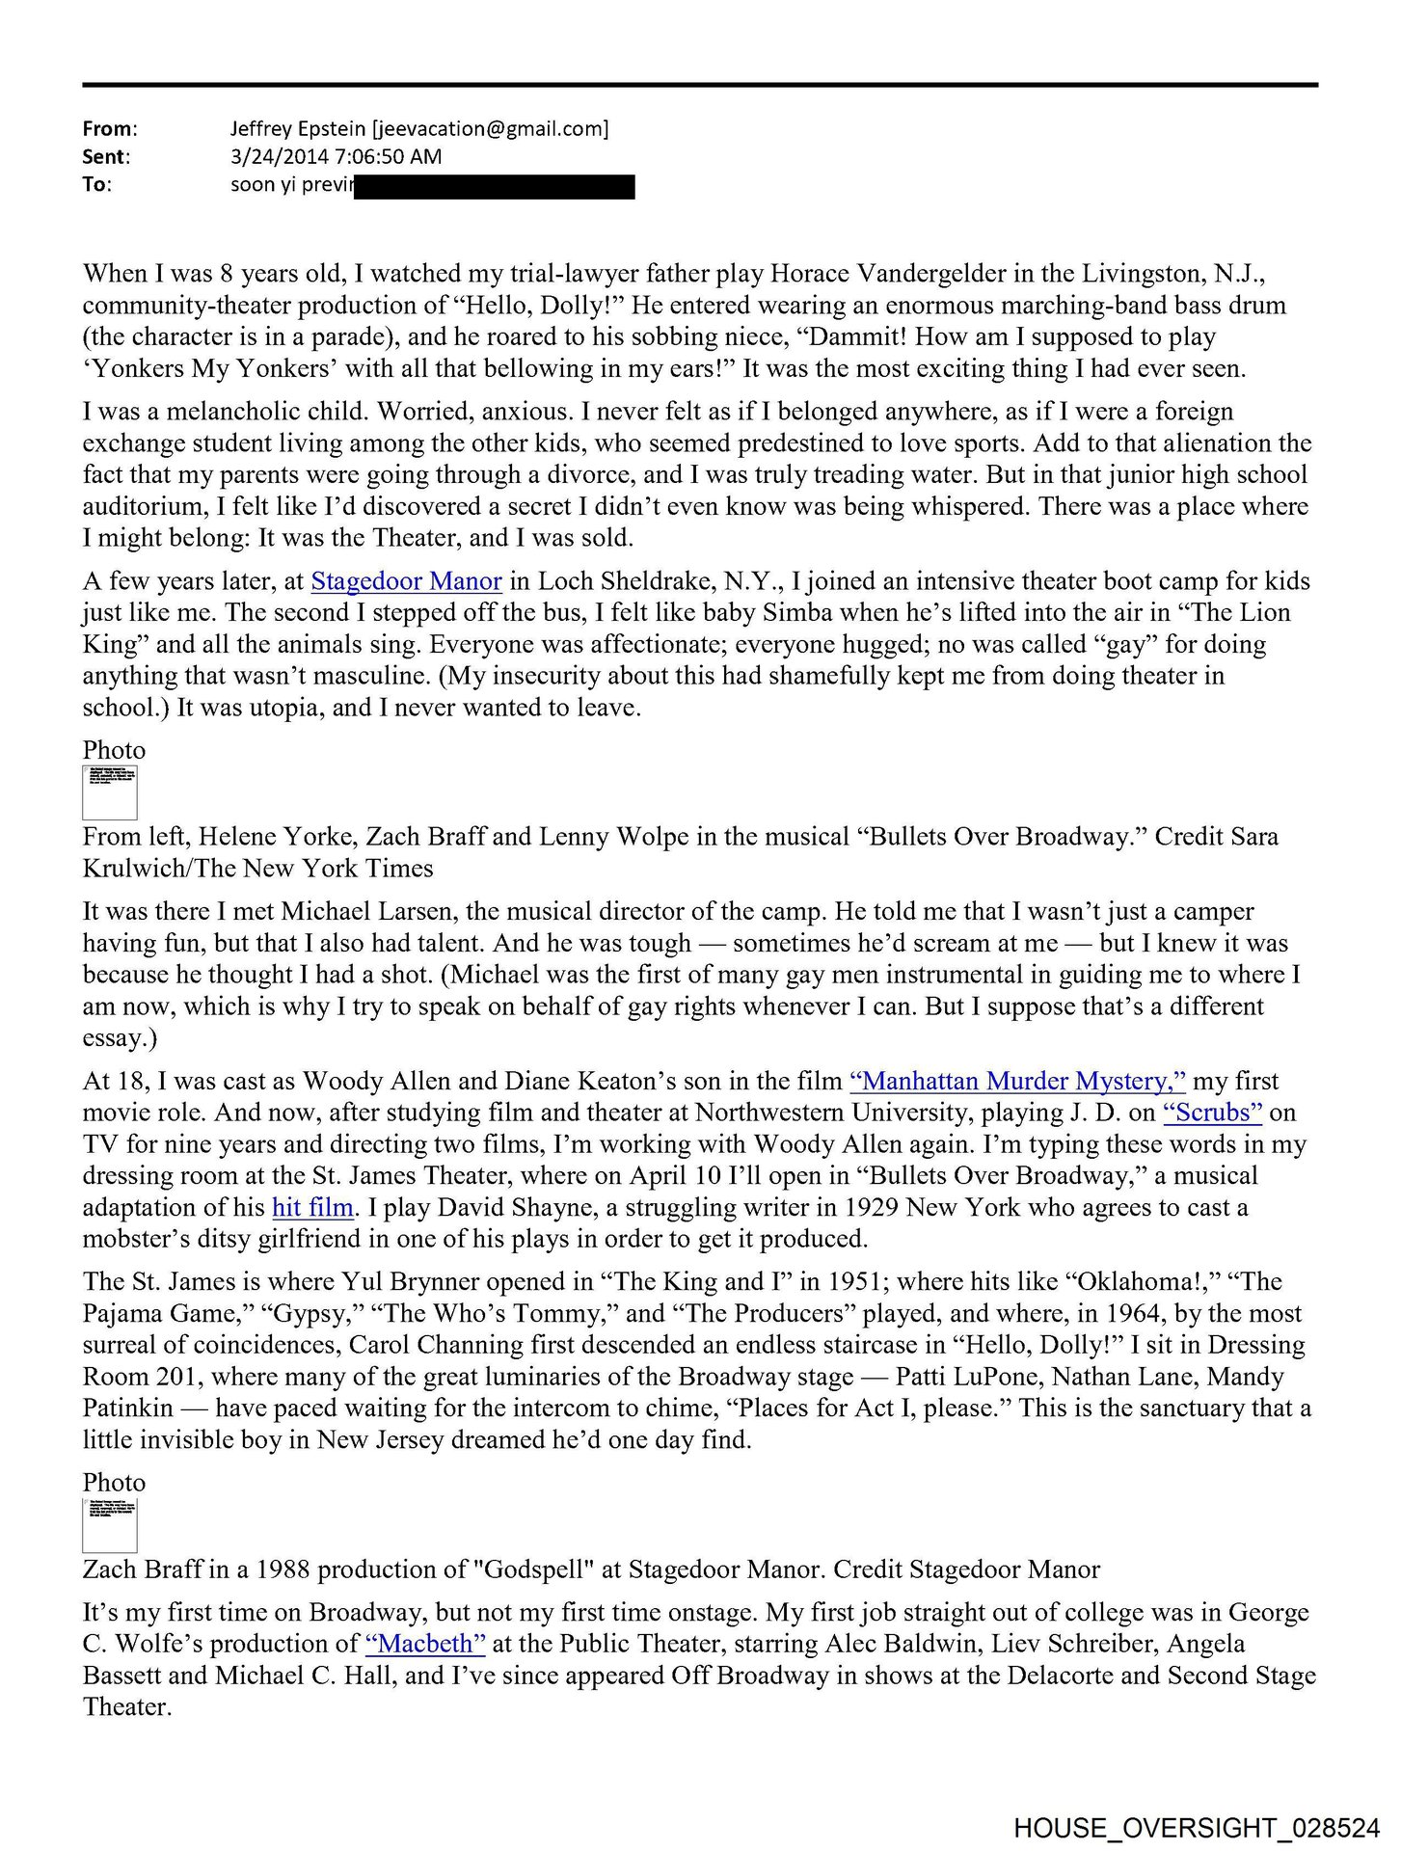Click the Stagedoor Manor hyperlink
click(x=406, y=581)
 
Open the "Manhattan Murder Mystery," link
click(x=1017, y=1081)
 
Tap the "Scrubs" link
click(x=1212, y=1113)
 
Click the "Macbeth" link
click(x=424, y=1644)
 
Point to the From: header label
click(x=110, y=129)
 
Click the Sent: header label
click(x=106, y=157)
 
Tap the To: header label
click(x=97, y=185)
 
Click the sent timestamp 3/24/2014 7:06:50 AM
click(x=336, y=157)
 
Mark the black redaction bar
click(x=495, y=186)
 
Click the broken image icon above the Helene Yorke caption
click(x=110, y=792)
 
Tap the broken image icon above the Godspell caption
click(x=110, y=1525)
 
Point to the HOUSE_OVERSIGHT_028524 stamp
click(x=1196, y=1828)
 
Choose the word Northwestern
click(x=784, y=1113)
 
